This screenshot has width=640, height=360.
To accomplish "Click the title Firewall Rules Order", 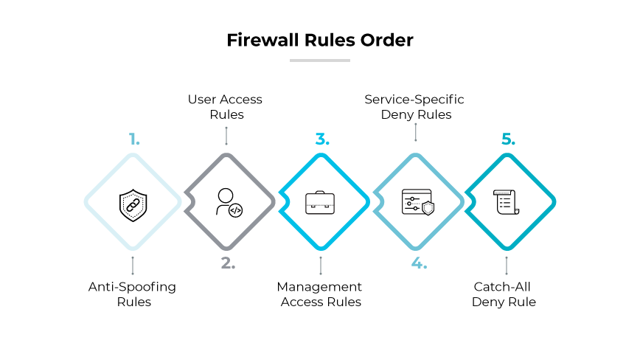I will [x=319, y=40].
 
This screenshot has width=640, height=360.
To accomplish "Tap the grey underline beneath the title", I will [x=319, y=60].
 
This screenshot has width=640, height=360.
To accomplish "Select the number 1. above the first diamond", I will [x=133, y=139].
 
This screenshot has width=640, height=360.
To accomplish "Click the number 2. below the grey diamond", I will [x=227, y=263].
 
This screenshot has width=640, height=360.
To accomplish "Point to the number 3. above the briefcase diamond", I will [x=321, y=139].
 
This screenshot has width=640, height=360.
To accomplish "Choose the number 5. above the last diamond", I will [x=508, y=139].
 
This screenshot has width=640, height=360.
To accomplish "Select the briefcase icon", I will [x=320, y=203].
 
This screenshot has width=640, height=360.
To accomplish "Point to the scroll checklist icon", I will [x=507, y=202].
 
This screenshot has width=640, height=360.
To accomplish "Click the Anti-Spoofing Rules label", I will [x=133, y=294].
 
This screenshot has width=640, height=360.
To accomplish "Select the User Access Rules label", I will [x=226, y=107].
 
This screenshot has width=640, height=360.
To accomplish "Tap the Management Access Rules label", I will [x=320, y=294].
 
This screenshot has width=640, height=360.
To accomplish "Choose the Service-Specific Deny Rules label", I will [x=416, y=107].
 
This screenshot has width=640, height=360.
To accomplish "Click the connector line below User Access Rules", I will [x=226, y=134].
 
